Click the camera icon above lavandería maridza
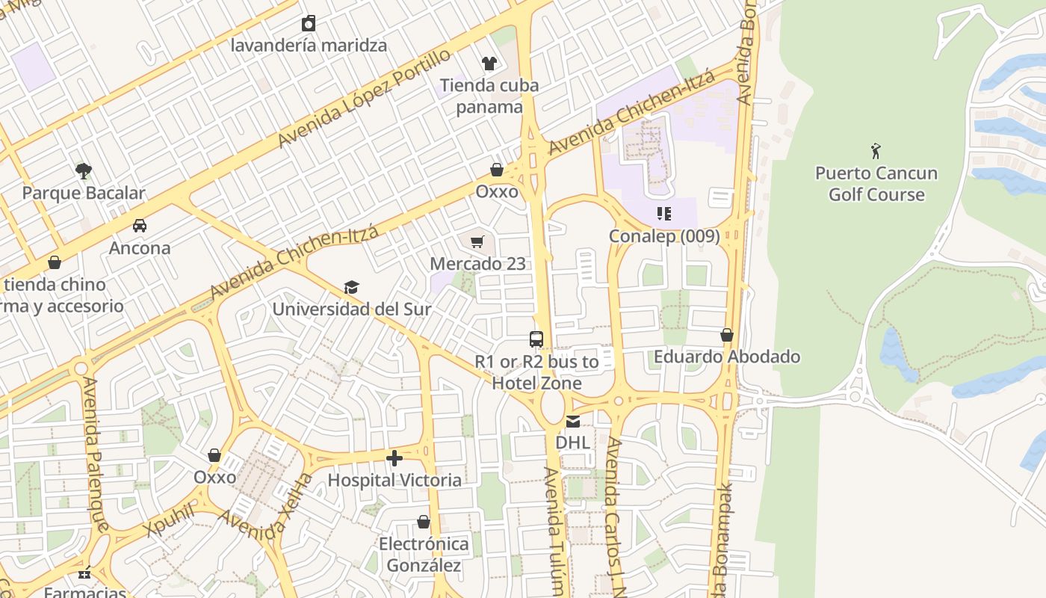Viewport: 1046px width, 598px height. click(x=308, y=23)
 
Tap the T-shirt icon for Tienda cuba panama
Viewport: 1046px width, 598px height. click(x=489, y=63)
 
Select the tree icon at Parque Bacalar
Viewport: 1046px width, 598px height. click(x=83, y=171)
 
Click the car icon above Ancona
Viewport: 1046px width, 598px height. click(x=140, y=226)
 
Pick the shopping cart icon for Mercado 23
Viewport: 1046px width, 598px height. click(x=477, y=241)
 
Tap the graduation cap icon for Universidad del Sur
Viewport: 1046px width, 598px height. click(x=351, y=287)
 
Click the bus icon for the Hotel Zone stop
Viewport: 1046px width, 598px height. click(x=536, y=339)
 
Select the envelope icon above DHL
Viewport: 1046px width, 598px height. click(x=572, y=421)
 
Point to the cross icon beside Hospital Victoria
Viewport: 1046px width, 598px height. click(x=394, y=457)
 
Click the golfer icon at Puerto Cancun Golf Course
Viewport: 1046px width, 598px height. click(x=876, y=151)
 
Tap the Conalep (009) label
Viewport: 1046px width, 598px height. click(x=664, y=236)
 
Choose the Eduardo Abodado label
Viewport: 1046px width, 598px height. click(x=727, y=357)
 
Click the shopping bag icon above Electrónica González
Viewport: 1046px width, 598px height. click(x=424, y=522)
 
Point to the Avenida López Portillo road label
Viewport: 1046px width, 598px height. click(x=364, y=99)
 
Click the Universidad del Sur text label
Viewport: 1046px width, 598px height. click(x=351, y=309)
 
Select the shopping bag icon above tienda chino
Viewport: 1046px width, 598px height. click(x=54, y=262)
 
